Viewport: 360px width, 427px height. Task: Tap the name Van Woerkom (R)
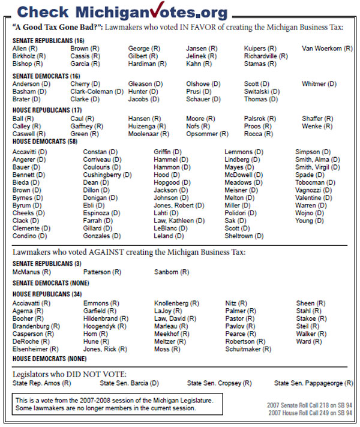327,48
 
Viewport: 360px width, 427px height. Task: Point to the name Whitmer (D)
322,84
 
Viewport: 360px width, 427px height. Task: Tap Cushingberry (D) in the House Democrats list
107,175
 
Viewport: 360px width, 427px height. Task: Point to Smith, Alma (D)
317,160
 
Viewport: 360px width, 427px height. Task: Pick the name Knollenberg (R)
179,303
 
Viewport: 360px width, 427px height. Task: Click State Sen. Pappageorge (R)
313,383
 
